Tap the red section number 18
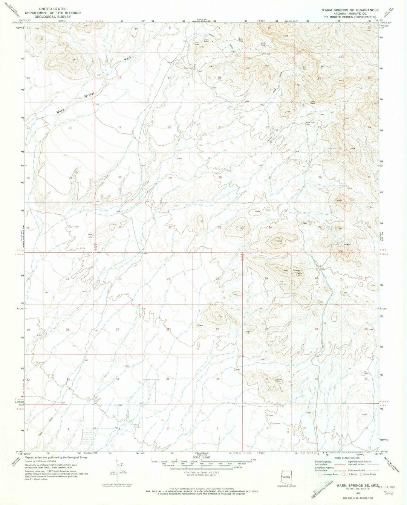point(120,78)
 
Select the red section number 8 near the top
point(170,28)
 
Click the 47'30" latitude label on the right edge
point(384,308)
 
